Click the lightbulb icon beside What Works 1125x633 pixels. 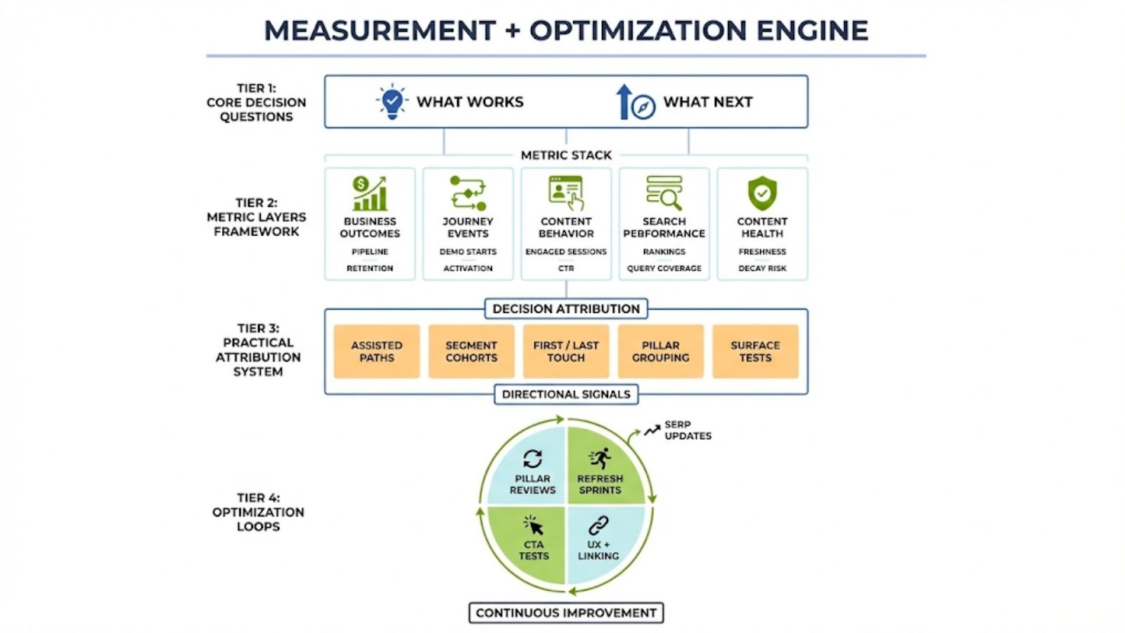pyautogui.click(x=392, y=102)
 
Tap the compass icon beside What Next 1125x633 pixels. pyautogui.click(x=642, y=107)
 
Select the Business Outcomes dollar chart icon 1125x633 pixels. pyautogui.click(x=370, y=193)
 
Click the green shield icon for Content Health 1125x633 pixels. pyautogui.click(x=762, y=193)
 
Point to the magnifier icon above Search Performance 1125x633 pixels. pyautogui.click(x=664, y=193)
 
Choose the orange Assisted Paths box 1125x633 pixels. pyautogui.click(x=377, y=352)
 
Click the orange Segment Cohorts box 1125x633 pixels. pyautogui.click(x=471, y=352)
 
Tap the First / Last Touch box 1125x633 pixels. pyautogui.click(x=566, y=352)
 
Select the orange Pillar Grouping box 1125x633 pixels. pyautogui.click(x=660, y=352)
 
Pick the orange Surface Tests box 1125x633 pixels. pyautogui.click(x=755, y=352)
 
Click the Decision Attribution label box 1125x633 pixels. pyautogui.click(x=566, y=309)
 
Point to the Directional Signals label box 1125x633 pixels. pyautogui.click(x=566, y=395)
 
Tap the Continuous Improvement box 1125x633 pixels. pyautogui.click(x=566, y=613)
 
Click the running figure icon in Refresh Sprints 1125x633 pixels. pyautogui.click(x=600, y=459)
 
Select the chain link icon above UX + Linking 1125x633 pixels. pyautogui.click(x=598, y=525)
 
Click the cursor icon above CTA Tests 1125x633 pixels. pyautogui.click(x=534, y=525)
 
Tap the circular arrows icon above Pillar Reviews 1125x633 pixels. pyautogui.click(x=532, y=459)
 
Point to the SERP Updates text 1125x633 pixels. pyautogui.click(x=688, y=430)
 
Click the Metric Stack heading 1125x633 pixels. pyautogui.click(x=566, y=155)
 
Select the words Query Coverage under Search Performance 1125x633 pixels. pyautogui.click(x=664, y=268)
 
